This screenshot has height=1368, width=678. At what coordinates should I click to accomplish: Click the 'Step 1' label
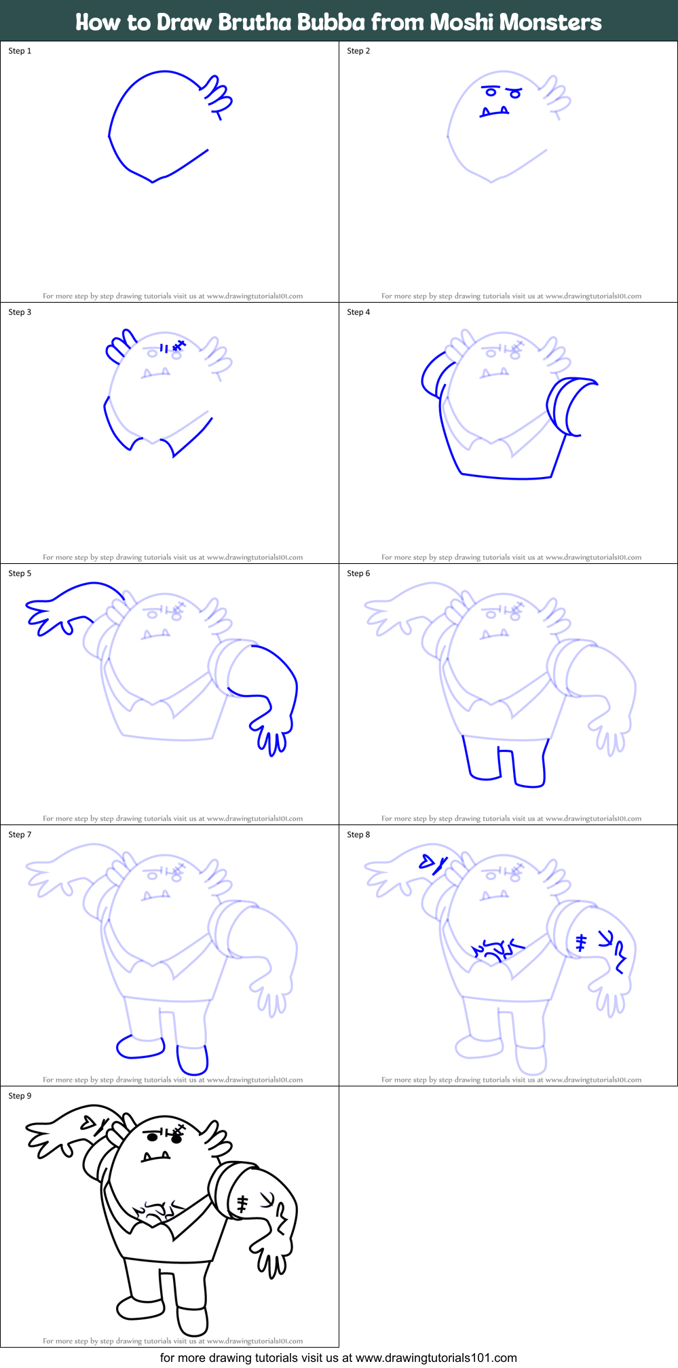pos(20,51)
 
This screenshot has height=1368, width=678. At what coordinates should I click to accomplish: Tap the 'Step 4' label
pos(358,312)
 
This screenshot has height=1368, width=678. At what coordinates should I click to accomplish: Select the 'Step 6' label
pos(358,573)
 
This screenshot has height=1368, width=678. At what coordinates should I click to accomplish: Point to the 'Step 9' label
pos(20,1096)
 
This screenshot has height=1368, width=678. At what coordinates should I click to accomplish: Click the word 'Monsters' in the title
pos(550,22)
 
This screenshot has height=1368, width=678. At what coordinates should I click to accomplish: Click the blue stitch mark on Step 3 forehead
pos(178,346)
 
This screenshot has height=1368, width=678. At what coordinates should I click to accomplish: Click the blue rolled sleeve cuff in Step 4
pos(567,406)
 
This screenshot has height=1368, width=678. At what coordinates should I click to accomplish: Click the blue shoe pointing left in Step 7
pos(140,1046)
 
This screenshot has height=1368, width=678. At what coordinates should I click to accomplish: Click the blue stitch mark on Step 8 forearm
pos(581,943)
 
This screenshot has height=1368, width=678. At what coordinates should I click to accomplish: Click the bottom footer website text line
pos(338,1358)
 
